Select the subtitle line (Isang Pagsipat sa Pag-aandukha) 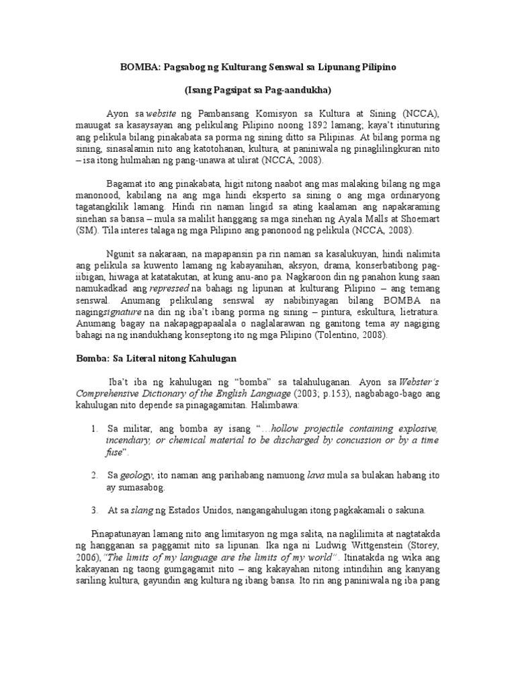258,89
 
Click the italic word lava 315,475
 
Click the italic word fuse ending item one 114,451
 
